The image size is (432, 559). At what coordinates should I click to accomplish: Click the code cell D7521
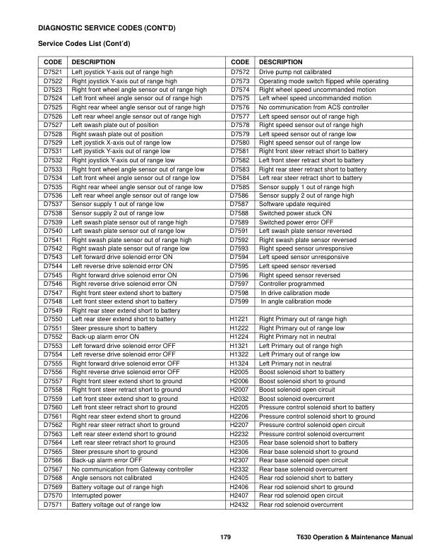click(53, 73)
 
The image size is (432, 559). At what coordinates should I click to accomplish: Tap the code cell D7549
click(53, 311)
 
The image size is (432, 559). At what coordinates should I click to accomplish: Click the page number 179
click(225, 539)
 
